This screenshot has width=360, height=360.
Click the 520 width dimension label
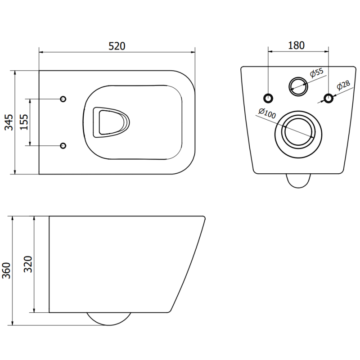pos(116,46)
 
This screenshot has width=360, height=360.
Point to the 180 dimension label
pos(296,45)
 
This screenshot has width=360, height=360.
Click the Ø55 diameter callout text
pos(317,73)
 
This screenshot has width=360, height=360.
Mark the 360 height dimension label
pos(6,270)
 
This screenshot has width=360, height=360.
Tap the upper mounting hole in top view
pos(63,99)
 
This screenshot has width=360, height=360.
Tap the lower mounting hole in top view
pos(63,145)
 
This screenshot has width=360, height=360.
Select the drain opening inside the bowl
pos(110,122)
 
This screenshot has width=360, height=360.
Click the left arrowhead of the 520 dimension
pos(41,52)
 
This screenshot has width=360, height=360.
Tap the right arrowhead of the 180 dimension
pos(327,52)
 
